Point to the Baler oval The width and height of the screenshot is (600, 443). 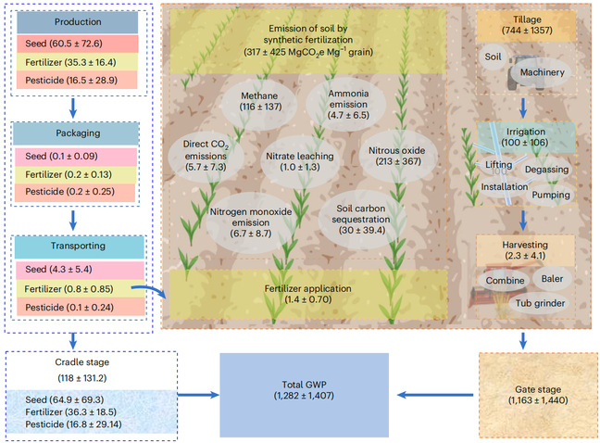pyautogui.click(x=553, y=277)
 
